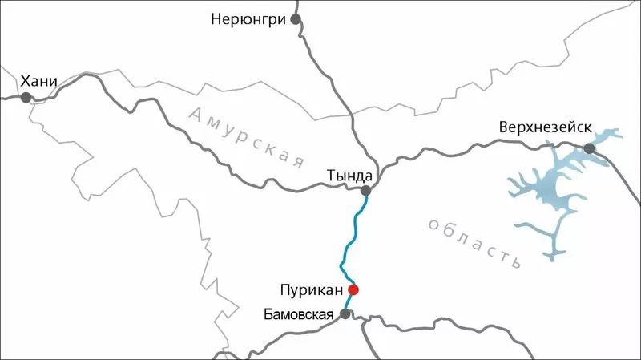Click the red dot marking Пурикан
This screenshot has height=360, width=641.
353,289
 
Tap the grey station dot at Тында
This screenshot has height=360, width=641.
366,191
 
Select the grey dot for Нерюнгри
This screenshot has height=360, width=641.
296,18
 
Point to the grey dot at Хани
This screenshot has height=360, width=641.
26,98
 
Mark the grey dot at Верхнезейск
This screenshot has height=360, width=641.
590,148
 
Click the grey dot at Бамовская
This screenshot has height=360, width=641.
345,313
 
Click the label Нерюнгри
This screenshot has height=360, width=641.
248,18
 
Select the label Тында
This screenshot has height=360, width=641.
349,175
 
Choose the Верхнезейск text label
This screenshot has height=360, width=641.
543,127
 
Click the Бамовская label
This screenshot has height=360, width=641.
298,313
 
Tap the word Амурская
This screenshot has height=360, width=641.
249,134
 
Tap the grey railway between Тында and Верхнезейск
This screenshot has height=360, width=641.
473,146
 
